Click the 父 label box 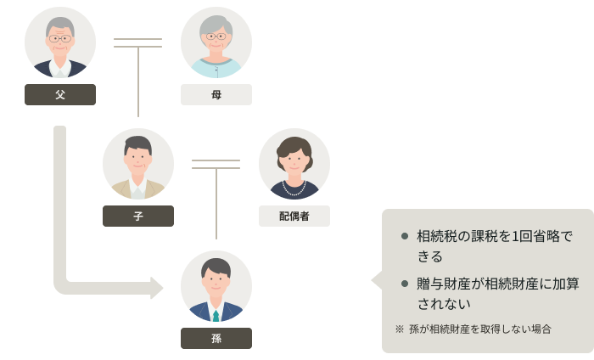60,94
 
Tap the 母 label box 216,94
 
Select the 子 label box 138,216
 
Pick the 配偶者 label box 294,216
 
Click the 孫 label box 216,338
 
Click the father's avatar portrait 60,42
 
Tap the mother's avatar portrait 216,42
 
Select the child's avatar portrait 138,164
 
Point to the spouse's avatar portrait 294,164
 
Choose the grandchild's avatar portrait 216,286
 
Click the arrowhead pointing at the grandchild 157,288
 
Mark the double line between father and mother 137,42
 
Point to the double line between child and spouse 216,164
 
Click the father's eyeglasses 60,39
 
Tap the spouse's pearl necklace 294,185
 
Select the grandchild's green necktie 216,313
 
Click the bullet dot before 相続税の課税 405,236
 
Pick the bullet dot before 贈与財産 405,283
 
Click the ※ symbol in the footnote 400,329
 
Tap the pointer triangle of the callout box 376,280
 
